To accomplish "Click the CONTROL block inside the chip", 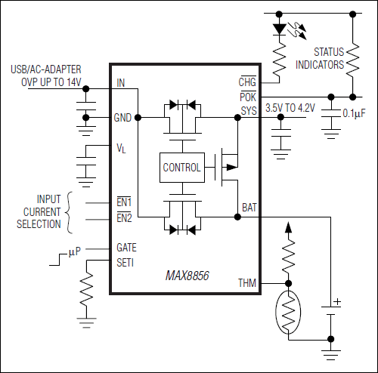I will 181,168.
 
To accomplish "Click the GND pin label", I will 123,118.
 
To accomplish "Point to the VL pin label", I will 121,149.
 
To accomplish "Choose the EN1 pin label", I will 124,203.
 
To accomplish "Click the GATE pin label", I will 127,247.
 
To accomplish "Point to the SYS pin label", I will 249,111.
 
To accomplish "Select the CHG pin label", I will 249,82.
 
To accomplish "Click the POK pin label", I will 249,97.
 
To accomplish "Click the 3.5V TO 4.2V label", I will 290,109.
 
